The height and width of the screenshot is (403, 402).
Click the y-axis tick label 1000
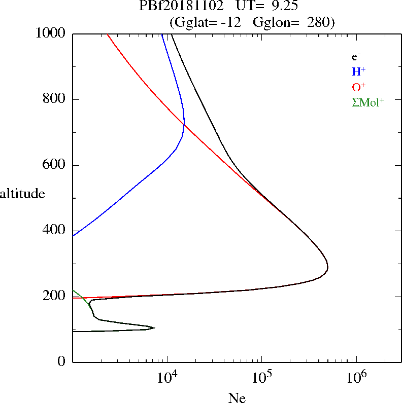51,34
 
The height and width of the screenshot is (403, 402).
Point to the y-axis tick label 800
55,100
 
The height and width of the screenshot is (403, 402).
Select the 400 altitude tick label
55,231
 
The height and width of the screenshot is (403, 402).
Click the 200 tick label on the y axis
55,297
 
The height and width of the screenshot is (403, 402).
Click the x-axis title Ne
237,398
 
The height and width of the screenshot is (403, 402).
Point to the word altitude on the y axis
22,194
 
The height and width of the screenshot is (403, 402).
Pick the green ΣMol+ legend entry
368,102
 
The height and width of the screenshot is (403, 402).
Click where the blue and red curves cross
184,124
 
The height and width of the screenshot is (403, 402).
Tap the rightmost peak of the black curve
328,267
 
